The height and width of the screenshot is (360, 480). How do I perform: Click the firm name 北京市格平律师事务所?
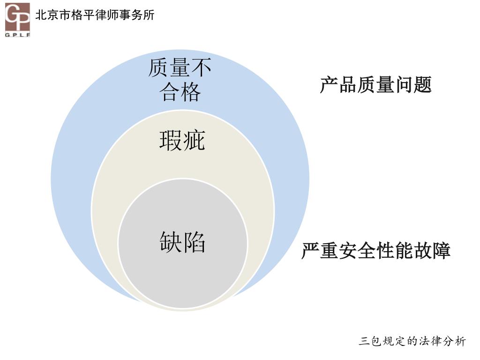pyautogui.click(x=95, y=15)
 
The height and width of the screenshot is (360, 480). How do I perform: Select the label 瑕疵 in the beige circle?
pyautogui.click(x=182, y=140)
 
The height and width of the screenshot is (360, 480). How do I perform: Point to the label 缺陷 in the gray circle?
pyautogui.click(x=182, y=242)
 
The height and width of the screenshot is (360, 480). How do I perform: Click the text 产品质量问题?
pyautogui.click(x=375, y=85)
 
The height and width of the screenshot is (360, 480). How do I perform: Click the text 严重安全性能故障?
pyautogui.click(x=375, y=251)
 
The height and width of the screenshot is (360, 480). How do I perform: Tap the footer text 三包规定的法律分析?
pyautogui.click(x=412, y=341)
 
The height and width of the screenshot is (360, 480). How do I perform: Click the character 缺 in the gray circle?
pyautogui.click(x=171, y=242)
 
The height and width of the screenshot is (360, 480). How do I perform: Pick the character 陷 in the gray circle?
pyautogui.click(x=194, y=242)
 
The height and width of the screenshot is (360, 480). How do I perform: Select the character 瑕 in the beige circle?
pyautogui.click(x=171, y=140)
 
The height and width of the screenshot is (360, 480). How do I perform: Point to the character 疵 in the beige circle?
pyautogui.click(x=194, y=140)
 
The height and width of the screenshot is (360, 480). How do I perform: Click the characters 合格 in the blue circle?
pyautogui.click(x=180, y=91)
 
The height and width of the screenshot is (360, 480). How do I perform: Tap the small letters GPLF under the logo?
pyautogui.click(x=18, y=34)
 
